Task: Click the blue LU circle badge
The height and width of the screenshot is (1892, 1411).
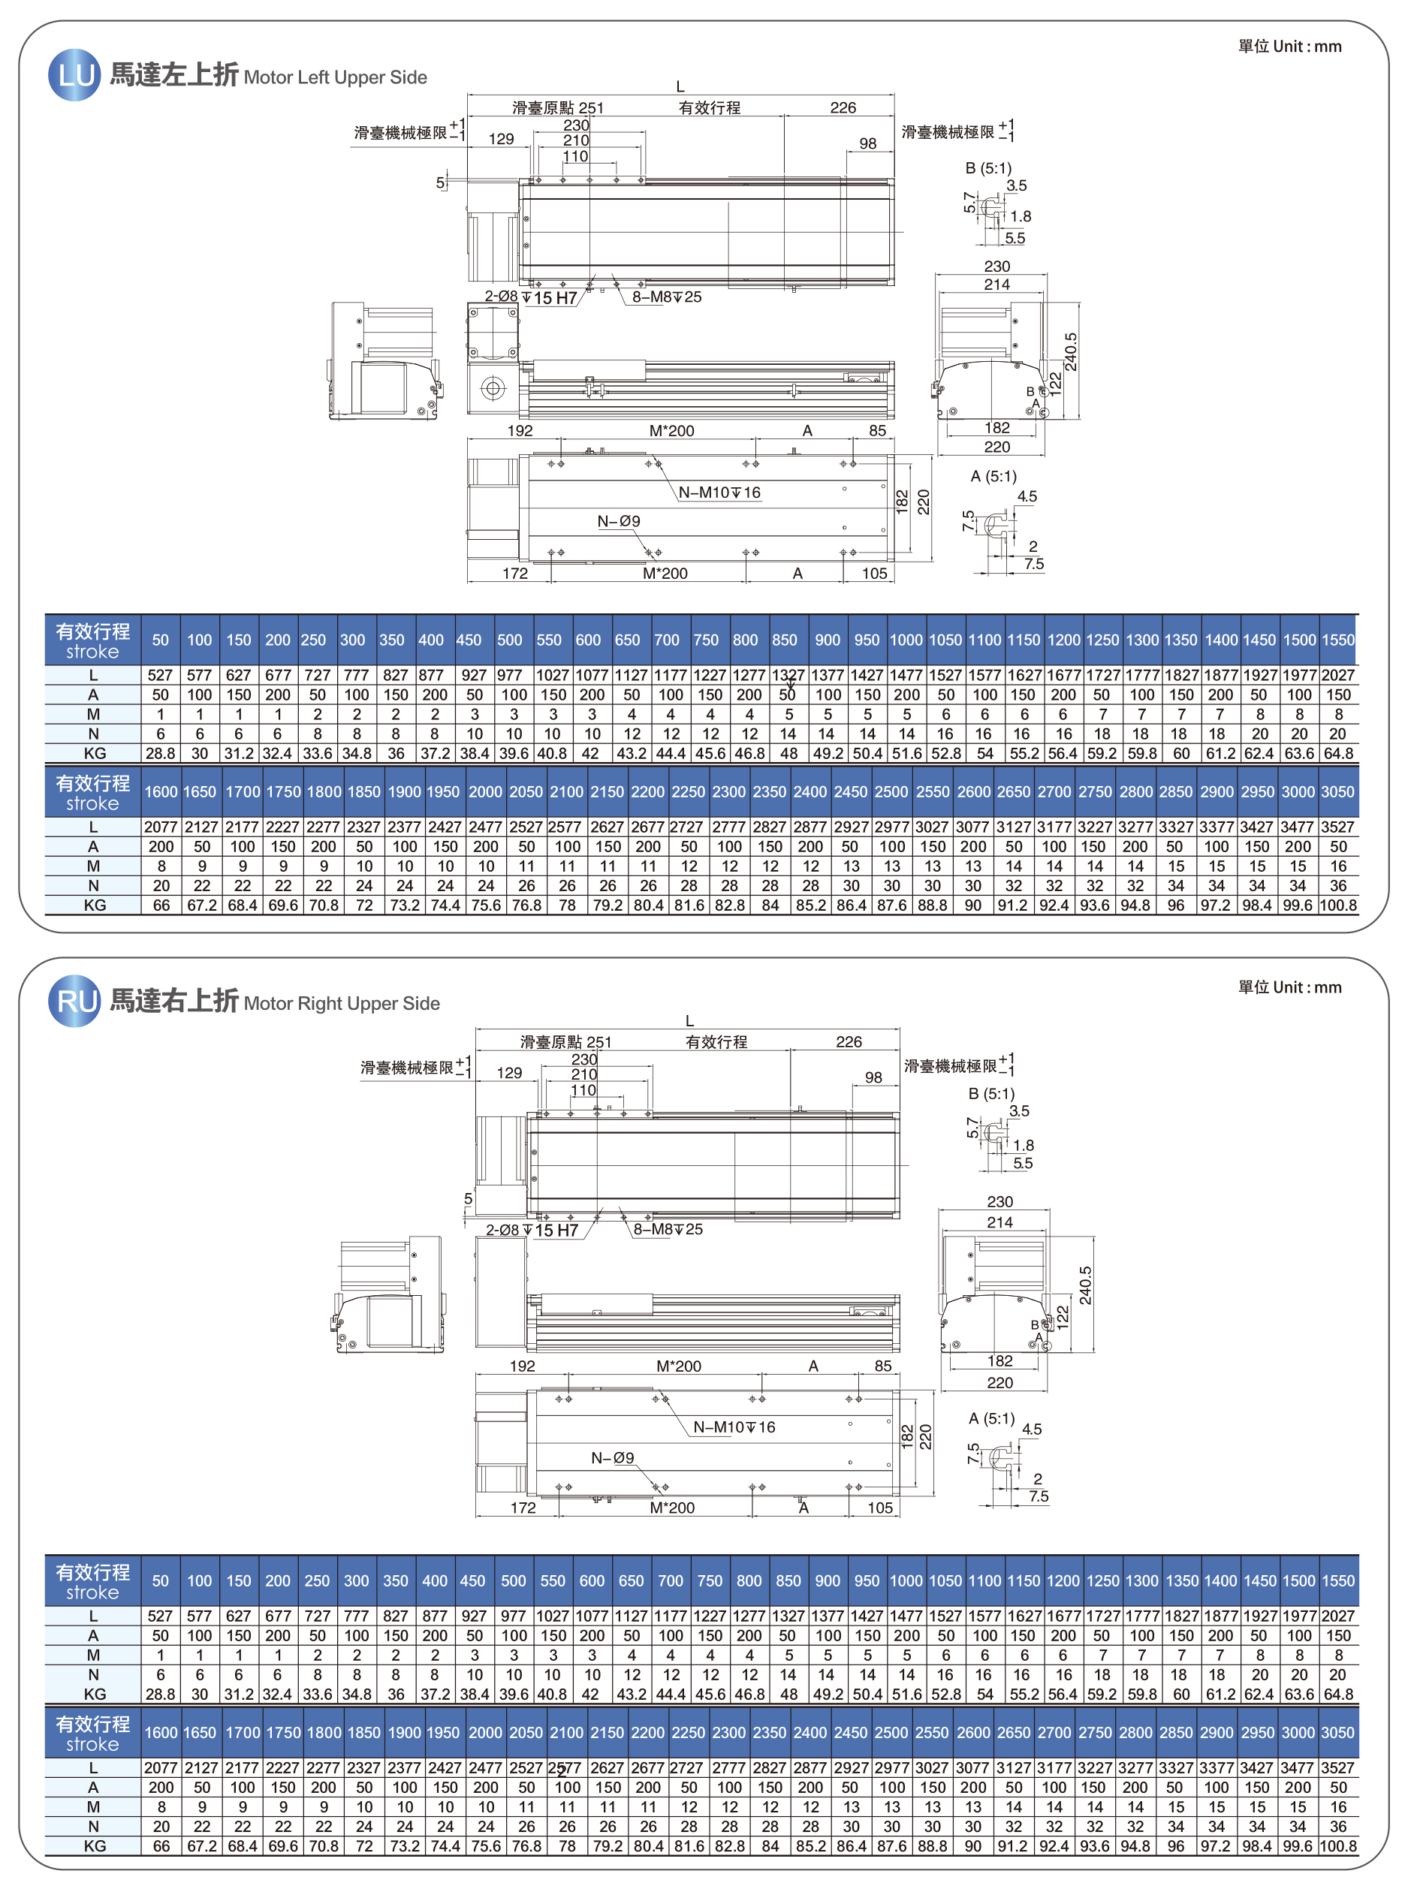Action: (x=74, y=75)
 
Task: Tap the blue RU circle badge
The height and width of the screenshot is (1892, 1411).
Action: (x=74, y=1001)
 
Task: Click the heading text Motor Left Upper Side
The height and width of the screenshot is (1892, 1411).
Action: (x=335, y=77)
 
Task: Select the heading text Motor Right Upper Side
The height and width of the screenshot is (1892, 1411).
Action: (x=342, y=1003)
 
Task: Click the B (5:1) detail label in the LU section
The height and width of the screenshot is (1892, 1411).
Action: (x=988, y=168)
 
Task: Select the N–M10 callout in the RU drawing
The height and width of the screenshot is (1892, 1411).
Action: (x=734, y=1427)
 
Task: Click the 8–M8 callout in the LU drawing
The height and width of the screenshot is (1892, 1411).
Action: (x=667, y=297)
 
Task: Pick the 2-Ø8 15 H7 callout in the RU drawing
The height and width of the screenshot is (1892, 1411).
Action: (x=532, y=1230)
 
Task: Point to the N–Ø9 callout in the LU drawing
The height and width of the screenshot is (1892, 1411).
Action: (x=618, y=521)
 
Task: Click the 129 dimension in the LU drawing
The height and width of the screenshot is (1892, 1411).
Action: (x=502, y=139)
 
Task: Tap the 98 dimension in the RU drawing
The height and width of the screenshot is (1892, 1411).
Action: (x=873, y=1077)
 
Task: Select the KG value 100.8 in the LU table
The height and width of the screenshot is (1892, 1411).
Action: (x=1337, y=905)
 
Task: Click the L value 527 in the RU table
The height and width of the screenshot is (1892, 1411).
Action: (x=160, y=1616)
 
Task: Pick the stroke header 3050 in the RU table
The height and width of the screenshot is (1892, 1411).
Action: (x=1337, y=1732)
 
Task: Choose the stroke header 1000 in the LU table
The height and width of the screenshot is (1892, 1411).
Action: (x=906, y=640)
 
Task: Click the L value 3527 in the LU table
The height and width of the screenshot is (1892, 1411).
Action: (x=1337, y=827)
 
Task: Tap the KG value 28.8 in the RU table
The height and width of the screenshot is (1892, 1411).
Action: (x=160, y=1694)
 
